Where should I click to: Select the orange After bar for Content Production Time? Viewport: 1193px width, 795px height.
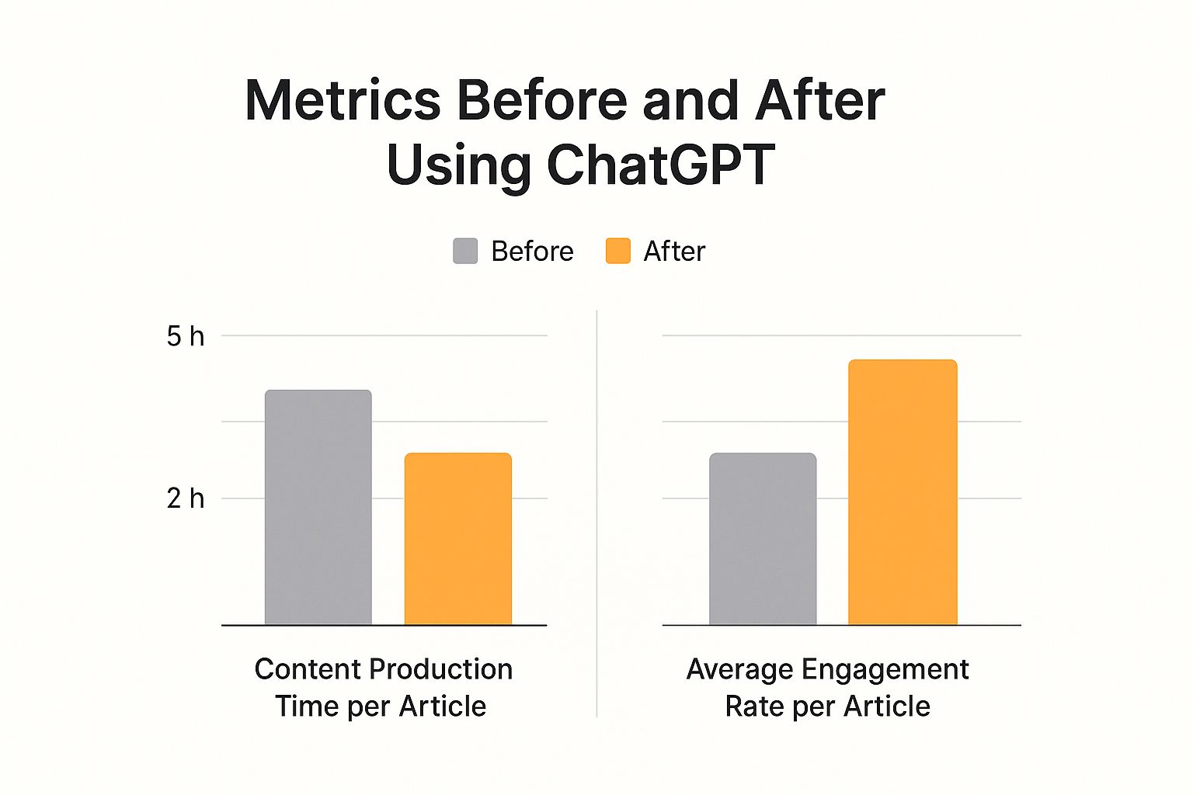coord(457,539)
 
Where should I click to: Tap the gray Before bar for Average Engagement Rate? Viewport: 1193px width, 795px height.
coord(762,539)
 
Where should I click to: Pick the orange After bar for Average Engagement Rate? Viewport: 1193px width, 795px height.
coord(902,492)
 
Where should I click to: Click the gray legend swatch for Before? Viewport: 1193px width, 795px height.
coord(465,252)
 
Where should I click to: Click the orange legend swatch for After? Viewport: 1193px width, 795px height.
coord(617,252)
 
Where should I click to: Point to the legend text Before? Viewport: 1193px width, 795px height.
coord(532,252)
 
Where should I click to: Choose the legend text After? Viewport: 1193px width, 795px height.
coord(674,252)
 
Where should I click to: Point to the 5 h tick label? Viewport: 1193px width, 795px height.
coord(186,336)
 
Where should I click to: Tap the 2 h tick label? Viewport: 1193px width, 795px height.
coord(186,498)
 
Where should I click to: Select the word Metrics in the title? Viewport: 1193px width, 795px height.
coord(343,101)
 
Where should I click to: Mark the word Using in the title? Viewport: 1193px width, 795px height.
coord(457,166)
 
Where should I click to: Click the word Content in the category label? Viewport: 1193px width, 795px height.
coord(308,669)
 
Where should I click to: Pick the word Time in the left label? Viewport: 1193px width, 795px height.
coord(307,706)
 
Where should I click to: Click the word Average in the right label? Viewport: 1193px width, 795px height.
coord(740,669)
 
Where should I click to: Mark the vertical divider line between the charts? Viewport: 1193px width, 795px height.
coord(596,512)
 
